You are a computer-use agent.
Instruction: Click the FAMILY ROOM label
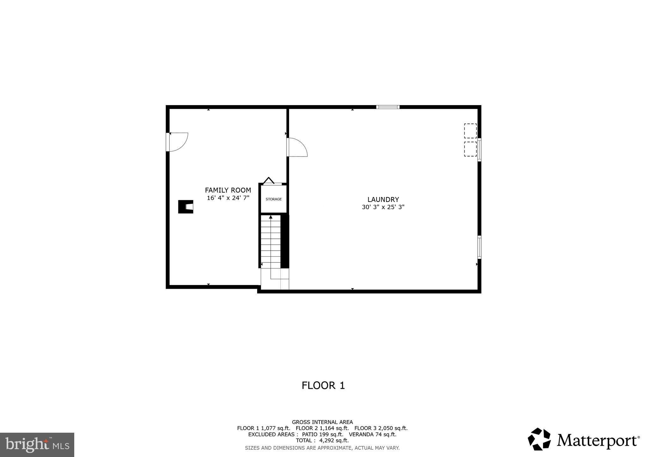(x=228, y=190)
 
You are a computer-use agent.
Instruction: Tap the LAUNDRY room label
(x=383, y=199)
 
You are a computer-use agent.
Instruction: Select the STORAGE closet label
(x=274, y=199)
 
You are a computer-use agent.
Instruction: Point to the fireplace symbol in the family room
(x=186, y=207)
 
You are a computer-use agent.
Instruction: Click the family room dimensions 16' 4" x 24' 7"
(x=228, y=198)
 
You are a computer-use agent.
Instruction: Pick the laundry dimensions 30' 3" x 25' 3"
(x=383, y=207)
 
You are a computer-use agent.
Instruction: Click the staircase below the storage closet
(x=271, y=241)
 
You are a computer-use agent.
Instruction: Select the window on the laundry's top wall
(x=388, y=107)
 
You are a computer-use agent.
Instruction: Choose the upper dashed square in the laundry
(x=470, y=131)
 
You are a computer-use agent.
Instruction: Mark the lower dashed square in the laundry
(x=470, y=149)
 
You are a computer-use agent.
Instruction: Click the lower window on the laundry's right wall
(x=479, y=247)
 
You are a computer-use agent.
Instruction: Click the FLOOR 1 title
(x=323, y=385)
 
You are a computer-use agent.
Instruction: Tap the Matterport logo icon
(x=539, y=439)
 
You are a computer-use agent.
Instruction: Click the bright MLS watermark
(x=37, y=445)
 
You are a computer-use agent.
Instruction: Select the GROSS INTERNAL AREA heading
(x=322, y=422)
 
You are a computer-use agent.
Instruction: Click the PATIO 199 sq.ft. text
(x=323, y=434)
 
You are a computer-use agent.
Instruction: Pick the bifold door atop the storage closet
(x=269, y=181)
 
